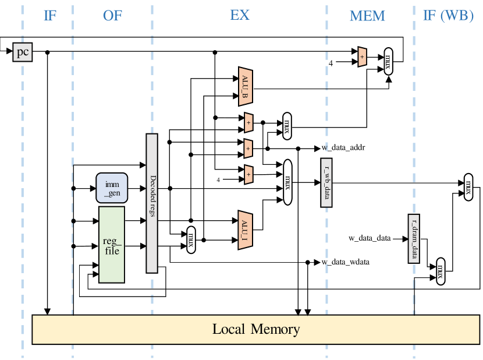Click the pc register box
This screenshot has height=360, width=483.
tap(22, 52)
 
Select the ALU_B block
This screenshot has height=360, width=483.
tap(245, 87)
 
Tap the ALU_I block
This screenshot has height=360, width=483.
tap(245, 230)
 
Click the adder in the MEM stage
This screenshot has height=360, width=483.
tap(362, 57)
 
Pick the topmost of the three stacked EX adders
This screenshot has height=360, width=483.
tap(248, 123)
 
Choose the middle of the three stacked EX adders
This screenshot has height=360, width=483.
tap(248, 149)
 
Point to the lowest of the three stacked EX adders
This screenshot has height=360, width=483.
tap(248, 174)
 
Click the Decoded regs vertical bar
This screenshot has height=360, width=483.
tap(152, 203)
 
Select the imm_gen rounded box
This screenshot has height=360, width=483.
tap(112, 188)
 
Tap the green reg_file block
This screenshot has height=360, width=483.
tap(112, 245)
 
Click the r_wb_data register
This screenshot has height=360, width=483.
tap(326, 182)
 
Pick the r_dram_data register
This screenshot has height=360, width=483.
tap(414, 238)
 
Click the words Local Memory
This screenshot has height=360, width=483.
tap(256, 329)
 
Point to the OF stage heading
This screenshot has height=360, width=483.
tap(113, 16)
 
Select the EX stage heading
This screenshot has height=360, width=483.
tap(239, 15)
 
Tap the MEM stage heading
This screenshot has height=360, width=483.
tap(367, 16)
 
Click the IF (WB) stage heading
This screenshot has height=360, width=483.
tap(448, 16)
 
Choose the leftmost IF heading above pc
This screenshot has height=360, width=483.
tap(50, 16)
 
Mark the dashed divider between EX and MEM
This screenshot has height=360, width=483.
tap(326, 117)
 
